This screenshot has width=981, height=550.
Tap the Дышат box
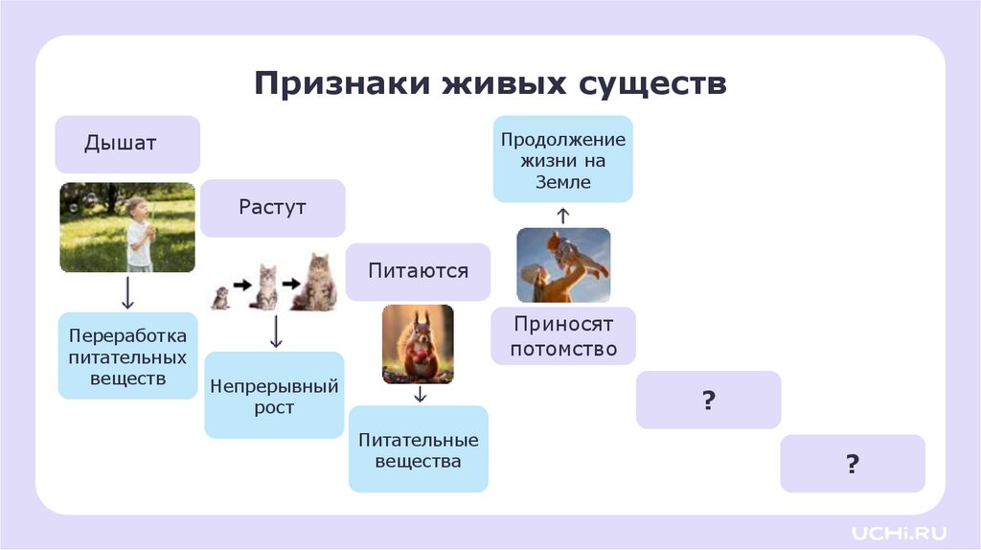[x=127, y=144]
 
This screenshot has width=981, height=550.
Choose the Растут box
[x=273, y=207]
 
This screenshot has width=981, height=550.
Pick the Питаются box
[x=419, y=271]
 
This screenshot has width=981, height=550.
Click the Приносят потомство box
[x=563, y=336]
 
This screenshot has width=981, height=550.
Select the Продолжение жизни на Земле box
[x=563, y=159]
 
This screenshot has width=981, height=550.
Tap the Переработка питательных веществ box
[x=127, y=355]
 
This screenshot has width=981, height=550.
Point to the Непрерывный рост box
[x=274, y=397]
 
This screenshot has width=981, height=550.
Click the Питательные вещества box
[x=419, y=450]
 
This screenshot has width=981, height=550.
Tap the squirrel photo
[x=418, y=343]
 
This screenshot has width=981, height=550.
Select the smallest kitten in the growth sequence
[x=220, y=297]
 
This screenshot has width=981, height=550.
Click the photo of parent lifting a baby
[x=563, y=264]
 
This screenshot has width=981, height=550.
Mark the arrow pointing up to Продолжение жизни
[x=563, y=215]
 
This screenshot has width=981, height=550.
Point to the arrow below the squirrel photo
[x=419, y=394]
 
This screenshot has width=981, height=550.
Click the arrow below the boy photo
[x=127, y=292]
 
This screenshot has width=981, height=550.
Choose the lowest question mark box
[x=853, y=464]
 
